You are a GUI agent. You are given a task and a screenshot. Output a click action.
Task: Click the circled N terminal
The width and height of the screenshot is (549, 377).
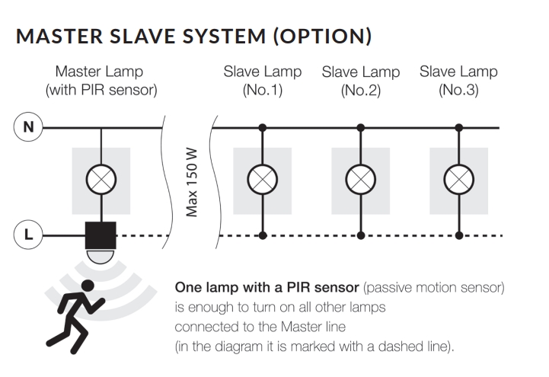point(29,127)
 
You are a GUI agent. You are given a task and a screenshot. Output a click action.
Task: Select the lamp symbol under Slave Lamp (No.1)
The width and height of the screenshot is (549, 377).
point(263,181)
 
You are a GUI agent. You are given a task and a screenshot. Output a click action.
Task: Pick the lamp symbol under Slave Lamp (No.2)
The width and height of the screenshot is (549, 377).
point(360,181)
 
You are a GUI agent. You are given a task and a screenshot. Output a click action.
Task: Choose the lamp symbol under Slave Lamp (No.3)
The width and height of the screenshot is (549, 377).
point(458,181)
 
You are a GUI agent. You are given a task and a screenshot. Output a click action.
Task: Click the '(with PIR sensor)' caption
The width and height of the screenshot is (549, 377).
point(101,91)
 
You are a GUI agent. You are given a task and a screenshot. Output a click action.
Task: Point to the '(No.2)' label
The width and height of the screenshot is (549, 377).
point(360,91)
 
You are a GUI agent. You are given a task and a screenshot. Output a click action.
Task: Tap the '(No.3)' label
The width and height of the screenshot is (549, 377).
point(458,91)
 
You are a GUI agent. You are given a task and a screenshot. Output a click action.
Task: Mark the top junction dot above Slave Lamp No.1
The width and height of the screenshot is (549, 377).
point(263,127)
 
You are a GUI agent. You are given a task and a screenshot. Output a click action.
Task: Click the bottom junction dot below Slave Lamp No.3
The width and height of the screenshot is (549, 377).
point(458,235)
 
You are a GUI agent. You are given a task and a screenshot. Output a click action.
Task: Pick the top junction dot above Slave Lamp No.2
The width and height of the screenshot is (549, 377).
point(360,127)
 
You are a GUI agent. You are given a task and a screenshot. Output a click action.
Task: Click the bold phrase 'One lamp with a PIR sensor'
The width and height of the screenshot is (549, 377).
point(267,289)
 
